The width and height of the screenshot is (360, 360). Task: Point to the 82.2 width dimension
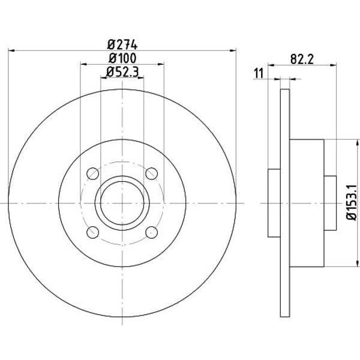pyautogui.click(x=303, y=59)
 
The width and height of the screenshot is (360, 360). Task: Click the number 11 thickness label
pyautogui.click(x=259, y=73)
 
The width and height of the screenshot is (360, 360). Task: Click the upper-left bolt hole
pyautogui.click(x=93, y=174)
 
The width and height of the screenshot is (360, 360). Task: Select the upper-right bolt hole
pyautogui.click(x=152, y=174)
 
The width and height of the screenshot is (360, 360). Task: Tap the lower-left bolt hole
pyautogui.click(x=93, y=232)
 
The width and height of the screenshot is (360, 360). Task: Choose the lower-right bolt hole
pyautogui.click(x=152, y=232)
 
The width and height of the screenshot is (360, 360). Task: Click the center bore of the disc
pyautogui.click(x=122, y=203)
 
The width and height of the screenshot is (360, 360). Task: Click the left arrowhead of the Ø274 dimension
pyautogui.click(x=11, y=50)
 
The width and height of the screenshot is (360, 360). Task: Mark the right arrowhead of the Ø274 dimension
pyautogui.click(x=233, y=50)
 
